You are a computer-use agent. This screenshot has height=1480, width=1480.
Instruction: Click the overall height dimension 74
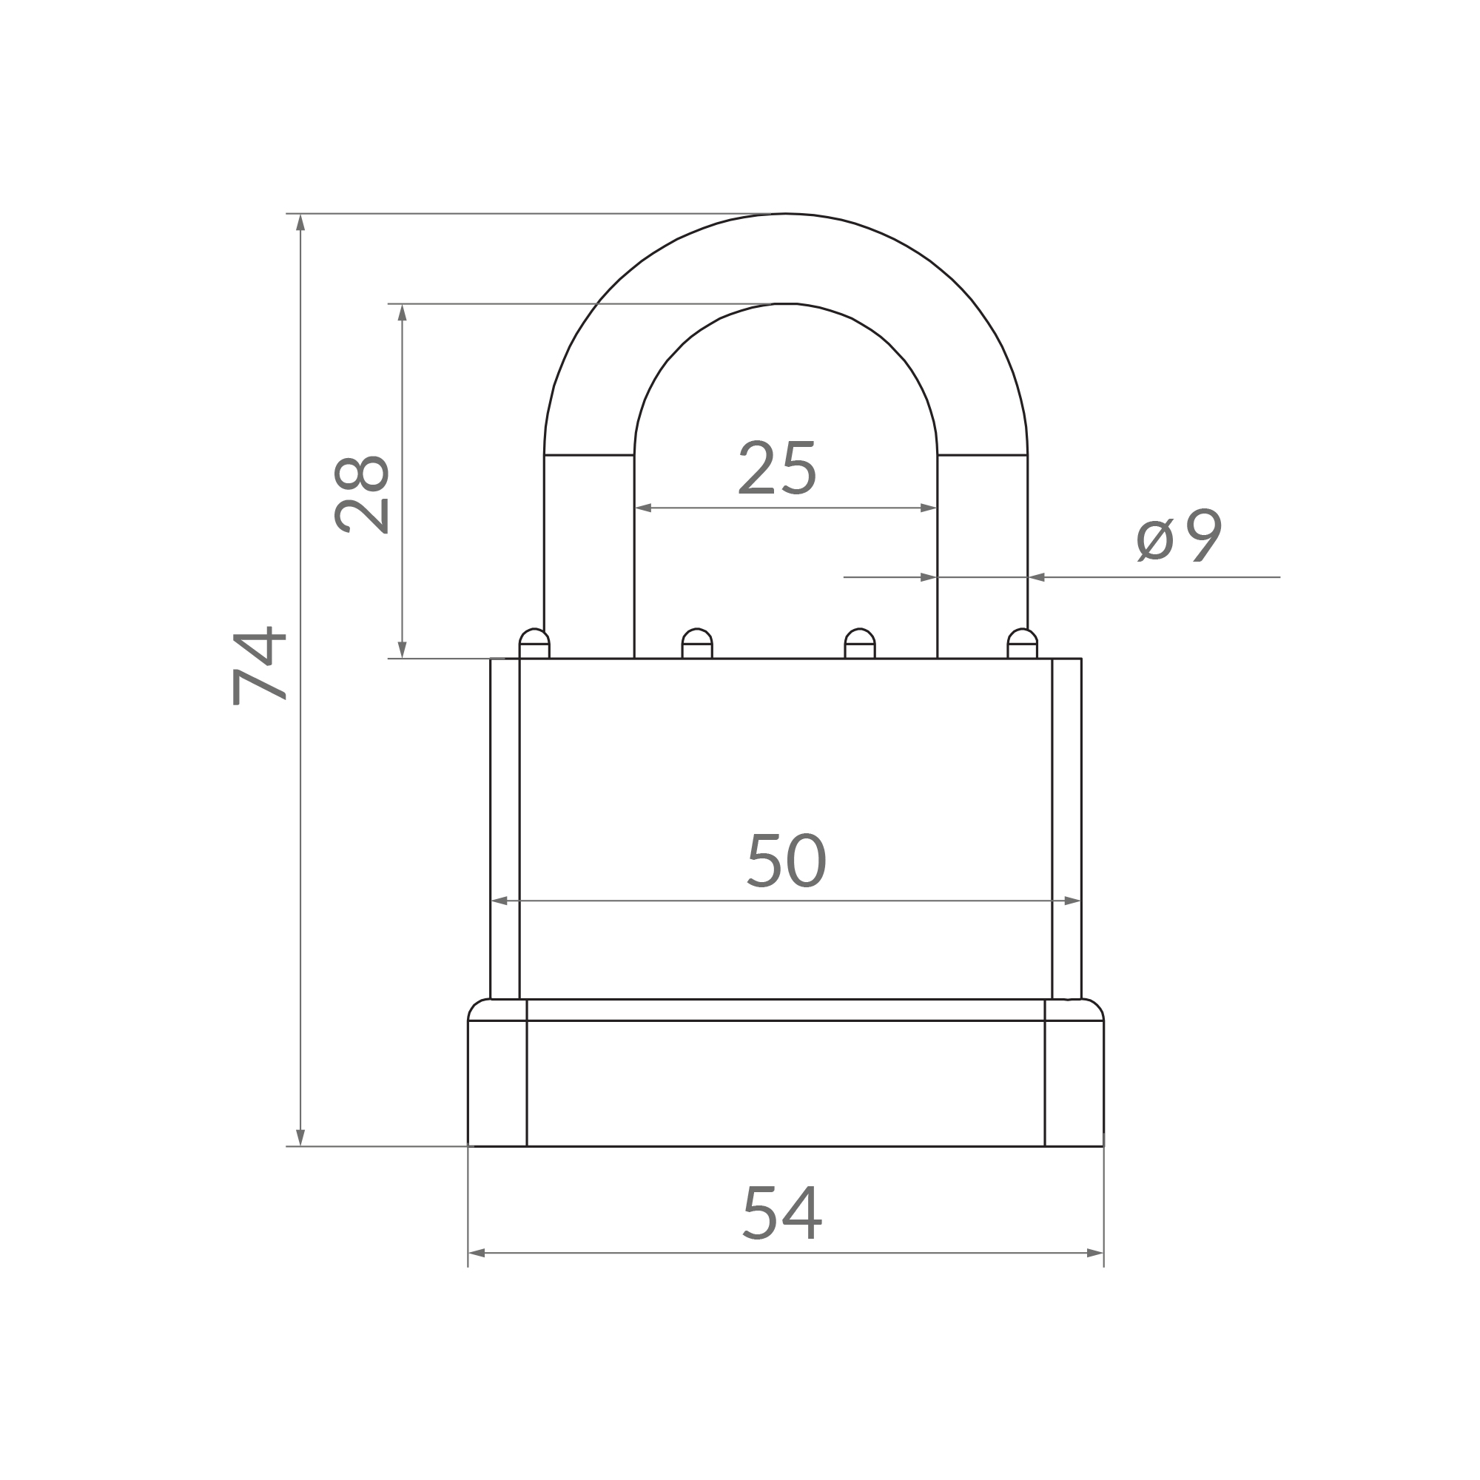point(259,665)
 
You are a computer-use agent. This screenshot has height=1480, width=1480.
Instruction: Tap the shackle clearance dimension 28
point(363,494)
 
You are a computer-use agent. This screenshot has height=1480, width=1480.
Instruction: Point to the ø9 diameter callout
point(1179,536)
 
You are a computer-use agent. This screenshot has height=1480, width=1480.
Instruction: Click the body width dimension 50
point(787,861)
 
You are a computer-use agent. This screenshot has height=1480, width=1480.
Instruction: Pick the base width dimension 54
point(782,1213)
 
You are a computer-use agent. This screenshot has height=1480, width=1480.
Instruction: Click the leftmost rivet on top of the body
point(534,644)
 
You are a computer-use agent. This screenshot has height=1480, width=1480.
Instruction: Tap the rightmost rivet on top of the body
point(1022,644)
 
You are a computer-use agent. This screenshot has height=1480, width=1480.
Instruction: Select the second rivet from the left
point(697,644)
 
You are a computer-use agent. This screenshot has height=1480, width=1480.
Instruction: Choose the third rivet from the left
point(859,644)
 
